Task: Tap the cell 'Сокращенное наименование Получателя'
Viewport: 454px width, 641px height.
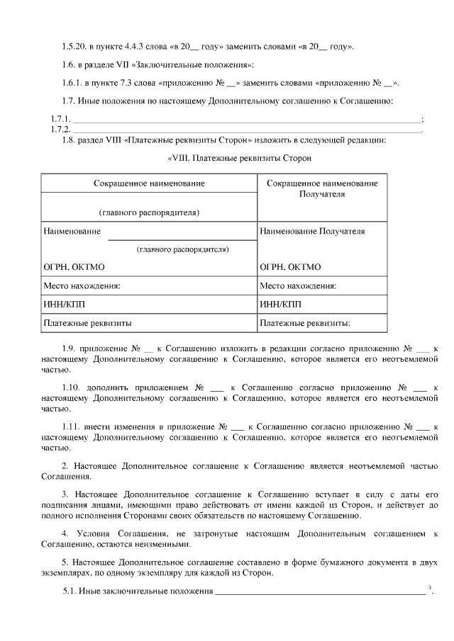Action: tap(322, 188)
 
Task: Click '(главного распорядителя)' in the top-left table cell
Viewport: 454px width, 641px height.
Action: tap(149, 212)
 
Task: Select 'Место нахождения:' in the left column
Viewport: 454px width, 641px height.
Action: tap(82, 286)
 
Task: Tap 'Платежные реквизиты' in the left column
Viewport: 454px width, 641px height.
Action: tap(87, 323)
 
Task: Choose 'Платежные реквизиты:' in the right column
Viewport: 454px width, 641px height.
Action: tap(305, 323)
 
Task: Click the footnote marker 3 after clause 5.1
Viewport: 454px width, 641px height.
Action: tap(431, 587)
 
